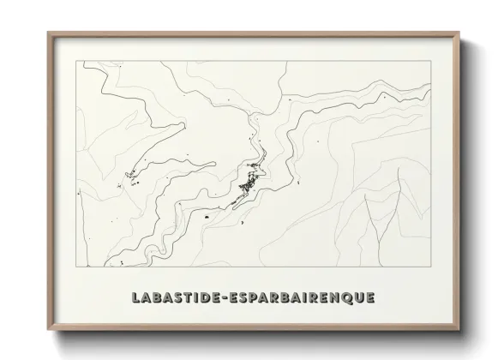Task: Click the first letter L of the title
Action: click(137, 297)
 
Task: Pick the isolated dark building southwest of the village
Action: click(207, 219)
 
